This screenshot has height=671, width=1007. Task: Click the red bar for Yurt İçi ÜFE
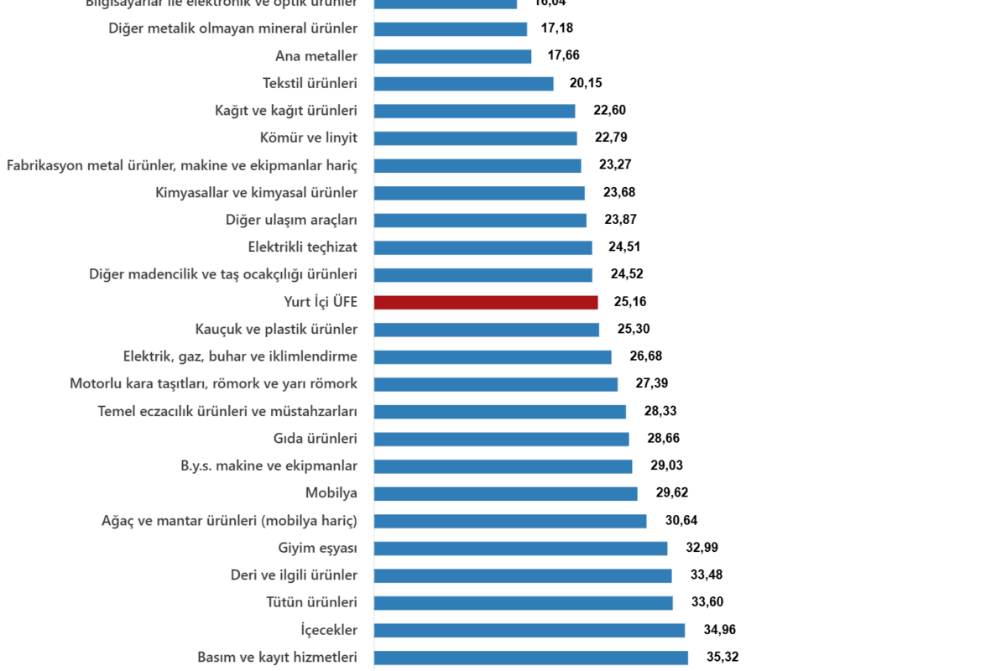[486, 302]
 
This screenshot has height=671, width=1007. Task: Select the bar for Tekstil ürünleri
[464, 83]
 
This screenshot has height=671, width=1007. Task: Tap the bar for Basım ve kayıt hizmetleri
[531, 658]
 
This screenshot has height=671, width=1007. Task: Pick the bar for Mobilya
[505, 493]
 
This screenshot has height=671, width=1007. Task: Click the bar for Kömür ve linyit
[476, 138]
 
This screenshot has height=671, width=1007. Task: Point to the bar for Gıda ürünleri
[501, 439]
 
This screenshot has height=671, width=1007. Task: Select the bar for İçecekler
[530, 630]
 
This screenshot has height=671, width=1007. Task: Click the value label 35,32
[723, 658]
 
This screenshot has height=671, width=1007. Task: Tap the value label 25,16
[630, 302]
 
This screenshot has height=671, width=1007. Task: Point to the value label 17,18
[557, 29]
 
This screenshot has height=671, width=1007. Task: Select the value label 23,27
[615, 165]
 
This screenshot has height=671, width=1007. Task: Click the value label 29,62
[671, 493]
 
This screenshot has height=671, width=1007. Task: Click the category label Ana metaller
[316, 56]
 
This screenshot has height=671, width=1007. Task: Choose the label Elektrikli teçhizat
[303, 247]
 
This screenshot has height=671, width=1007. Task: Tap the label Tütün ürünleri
[312, 602]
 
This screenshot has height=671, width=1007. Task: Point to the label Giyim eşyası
[318, 548]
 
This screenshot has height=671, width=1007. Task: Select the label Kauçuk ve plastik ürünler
[276, 329]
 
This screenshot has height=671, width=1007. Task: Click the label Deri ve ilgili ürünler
[294, 575]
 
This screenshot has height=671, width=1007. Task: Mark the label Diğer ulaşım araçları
[291, 220]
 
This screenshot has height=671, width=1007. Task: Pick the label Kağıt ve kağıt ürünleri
[286, 111]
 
